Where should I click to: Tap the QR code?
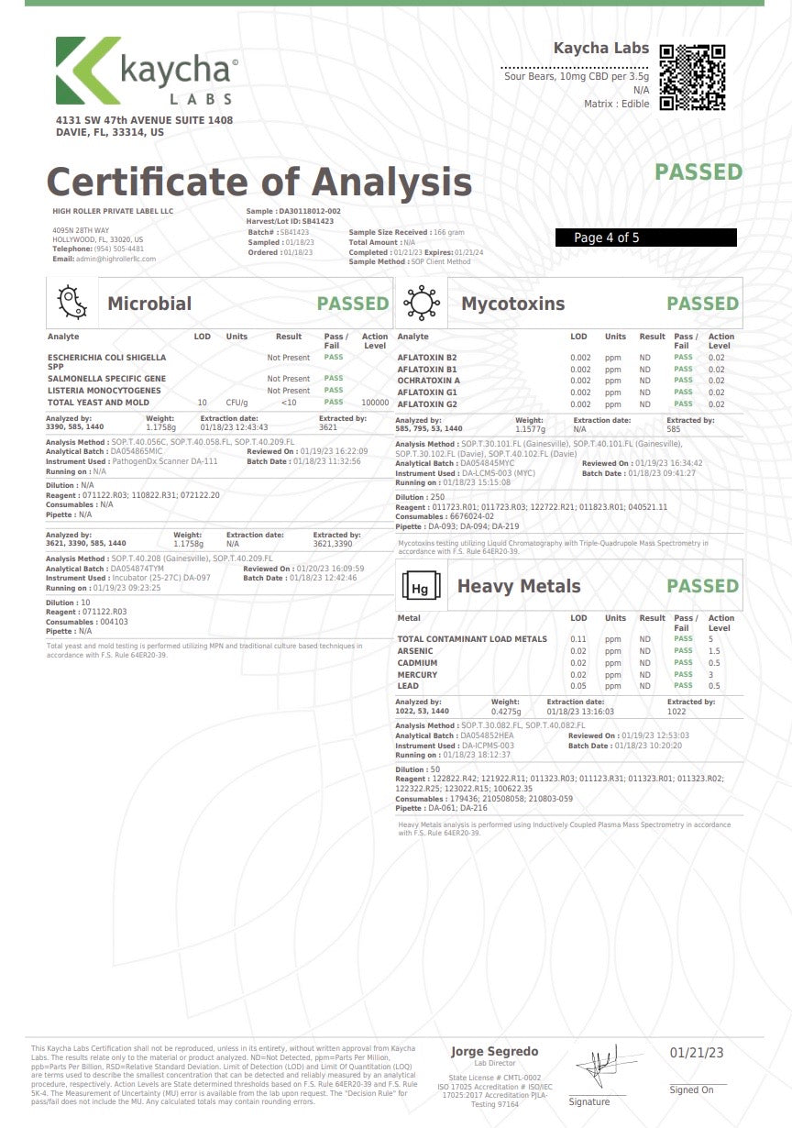click(693, 77)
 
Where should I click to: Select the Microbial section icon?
click(72, 303)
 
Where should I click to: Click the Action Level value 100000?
click(376, 403)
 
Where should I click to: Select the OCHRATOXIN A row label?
click(429, 381)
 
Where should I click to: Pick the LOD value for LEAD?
click(578, 686)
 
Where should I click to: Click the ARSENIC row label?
click(415, 651)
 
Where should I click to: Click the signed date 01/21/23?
click(696, 1054)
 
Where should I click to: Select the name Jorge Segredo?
click(494, 1051)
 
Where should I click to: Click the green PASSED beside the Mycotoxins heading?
click(702, 304)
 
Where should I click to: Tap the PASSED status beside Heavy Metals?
click(702, 586)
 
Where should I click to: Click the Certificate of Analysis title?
click(258, 182)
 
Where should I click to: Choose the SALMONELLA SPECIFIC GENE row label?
click(106, 379)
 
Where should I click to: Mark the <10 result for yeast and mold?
click(289, 403)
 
